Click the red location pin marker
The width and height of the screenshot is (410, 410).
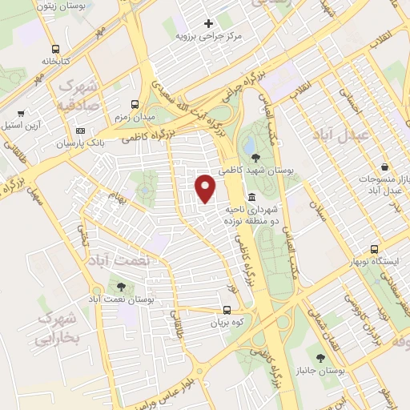[206, 187]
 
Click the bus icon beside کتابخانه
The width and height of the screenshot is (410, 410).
[54, 48]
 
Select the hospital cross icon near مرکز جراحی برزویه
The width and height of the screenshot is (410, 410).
[209, 23]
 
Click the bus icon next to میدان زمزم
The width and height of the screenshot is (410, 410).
[135, 104]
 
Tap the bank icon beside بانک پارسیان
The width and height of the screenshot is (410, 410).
[79, 131]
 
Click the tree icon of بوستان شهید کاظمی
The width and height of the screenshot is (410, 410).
[253, 158]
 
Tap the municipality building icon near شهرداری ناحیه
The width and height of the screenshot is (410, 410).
[251, 197]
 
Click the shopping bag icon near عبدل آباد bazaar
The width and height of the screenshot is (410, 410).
[386, 167]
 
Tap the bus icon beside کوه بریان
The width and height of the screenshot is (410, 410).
[227, 310]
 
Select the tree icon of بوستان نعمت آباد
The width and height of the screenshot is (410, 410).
[121, 286]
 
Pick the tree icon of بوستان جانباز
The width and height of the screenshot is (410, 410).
[320, 358]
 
